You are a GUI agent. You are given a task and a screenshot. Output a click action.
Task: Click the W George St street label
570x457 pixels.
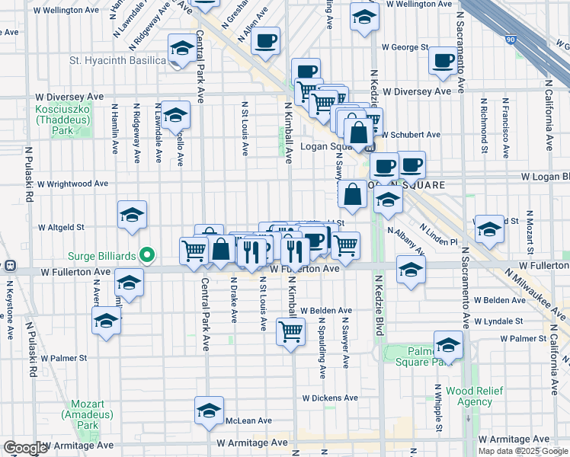[405, 47]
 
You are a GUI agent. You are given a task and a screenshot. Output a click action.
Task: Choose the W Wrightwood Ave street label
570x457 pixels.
[73, 184]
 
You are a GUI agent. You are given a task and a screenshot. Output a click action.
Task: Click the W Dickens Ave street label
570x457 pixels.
[330, 398]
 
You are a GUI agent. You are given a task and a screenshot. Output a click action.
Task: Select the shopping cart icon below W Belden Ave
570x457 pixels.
[290, 331]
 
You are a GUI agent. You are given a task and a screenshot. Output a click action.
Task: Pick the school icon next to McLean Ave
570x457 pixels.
[209, 411]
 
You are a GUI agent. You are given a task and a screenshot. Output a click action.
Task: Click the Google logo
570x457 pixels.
[25, 448]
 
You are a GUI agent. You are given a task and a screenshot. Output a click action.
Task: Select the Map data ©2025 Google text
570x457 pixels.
[523, 451]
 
